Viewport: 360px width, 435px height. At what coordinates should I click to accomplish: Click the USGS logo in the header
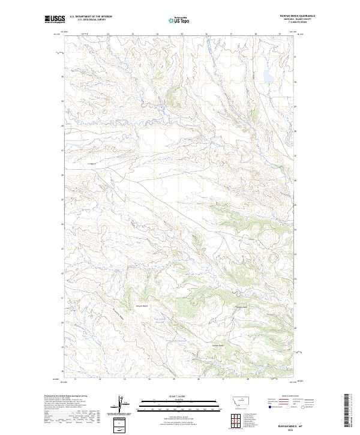pyautogui.click(x=55, y=20)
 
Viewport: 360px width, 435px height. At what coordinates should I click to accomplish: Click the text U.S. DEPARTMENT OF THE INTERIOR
pyautogui.click(x=91, y=17)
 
